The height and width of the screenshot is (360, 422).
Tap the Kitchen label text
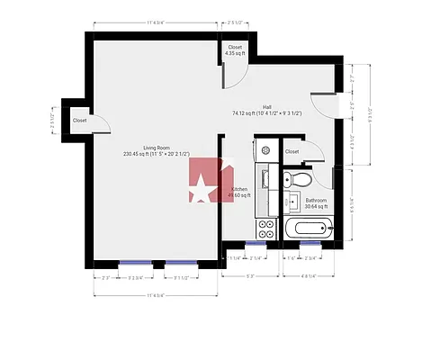click(x=239, y=189)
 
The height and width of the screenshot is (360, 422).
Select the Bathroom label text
click(x=316, y=201)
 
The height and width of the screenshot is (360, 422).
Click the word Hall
click(x=267, y=106)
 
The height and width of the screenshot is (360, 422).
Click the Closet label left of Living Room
click(x=79, y=120)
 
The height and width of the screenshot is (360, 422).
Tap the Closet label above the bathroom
click(x=292, y=151)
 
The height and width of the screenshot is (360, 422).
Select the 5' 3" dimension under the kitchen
click(x=249, y=276)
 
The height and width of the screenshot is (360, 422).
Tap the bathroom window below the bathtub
click(x=310, y=243)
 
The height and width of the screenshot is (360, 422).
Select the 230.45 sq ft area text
click(x=157, y=154)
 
